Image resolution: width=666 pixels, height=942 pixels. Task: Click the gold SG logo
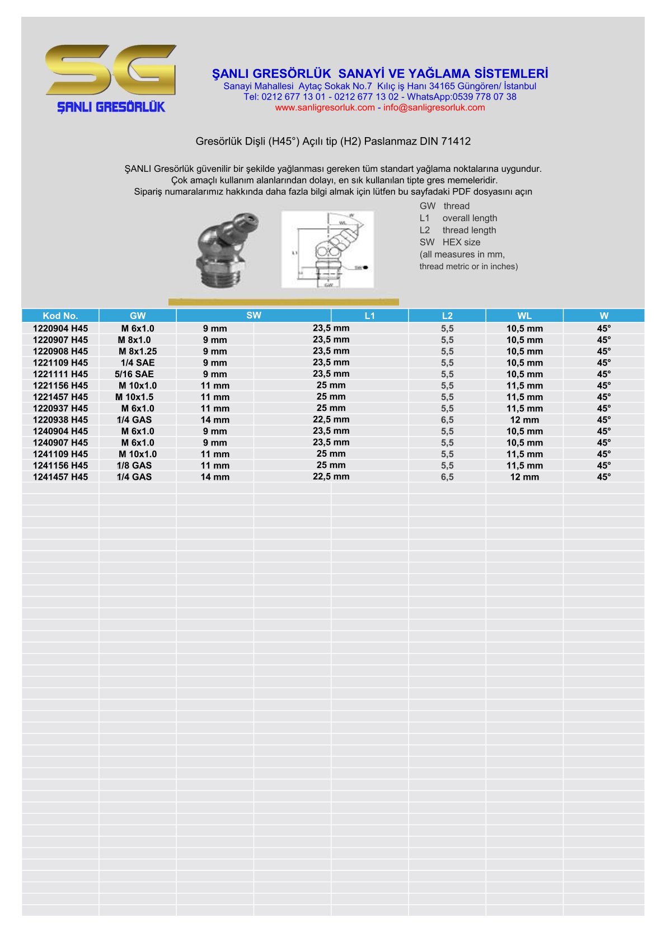pyautogui.click(x=111, y=70)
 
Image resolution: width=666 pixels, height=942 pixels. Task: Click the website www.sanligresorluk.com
pyautogui.click(x=325, y=107)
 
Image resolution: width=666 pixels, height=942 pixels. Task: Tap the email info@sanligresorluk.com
pyautogui.click(x=434, y=107)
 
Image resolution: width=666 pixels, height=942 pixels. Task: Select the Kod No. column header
pyautogui.click(x=60, y=316)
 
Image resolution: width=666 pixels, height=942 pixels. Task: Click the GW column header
pyautogui.click(x=138, y=316)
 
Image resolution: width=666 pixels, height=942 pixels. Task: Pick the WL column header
pyautogui.click(x=524, y=316)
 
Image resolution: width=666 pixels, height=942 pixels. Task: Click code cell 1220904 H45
pyautogui.click(x=60, y=329)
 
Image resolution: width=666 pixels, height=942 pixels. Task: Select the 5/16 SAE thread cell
pyautogui.click(x=134, y=374)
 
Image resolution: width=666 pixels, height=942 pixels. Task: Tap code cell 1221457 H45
pyautogui.click(x=60, y=397)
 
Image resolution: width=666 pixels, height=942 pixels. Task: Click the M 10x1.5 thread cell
pyautogui.click(x=134, y=397)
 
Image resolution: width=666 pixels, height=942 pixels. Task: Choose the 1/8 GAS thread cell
pyautogui.click(x=134, y=465)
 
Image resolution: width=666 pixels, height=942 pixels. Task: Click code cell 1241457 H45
pyautogui.click(x=60, y=477)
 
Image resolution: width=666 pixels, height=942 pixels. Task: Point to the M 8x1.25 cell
pyautogui.click(x=138, y=352)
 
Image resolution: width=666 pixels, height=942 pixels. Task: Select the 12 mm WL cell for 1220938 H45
pyautogui.click(x=524, y=420)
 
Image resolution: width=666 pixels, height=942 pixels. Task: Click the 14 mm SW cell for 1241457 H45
pyautogui.click(x=215, y=477)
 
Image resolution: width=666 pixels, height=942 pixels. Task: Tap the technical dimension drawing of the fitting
pyautogui.click(x=327, y=249)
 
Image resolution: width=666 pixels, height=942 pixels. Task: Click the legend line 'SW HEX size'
pyautogui.click(x=450, y=242)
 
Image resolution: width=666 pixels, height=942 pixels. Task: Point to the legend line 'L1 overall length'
pyautogui.click(x=458, y=218)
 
